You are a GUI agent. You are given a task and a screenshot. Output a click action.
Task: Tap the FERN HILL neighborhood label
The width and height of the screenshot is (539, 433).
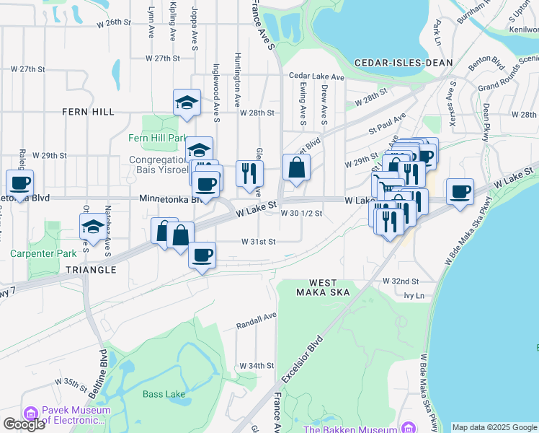coord(88,113)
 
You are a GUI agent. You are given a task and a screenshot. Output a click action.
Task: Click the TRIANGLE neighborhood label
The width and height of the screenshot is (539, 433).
coord(91,269)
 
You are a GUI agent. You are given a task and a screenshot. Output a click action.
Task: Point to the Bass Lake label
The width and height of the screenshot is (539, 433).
coord(164,394)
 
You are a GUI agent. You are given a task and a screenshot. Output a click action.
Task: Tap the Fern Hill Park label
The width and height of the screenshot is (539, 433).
coord(158,138)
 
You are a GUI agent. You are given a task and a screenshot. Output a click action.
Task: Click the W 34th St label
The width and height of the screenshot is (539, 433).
coord(257,366)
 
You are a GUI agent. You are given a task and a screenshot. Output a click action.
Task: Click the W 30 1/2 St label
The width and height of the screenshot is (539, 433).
coord(301,214)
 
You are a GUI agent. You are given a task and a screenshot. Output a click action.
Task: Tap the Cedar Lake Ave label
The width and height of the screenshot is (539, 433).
coord(318,75)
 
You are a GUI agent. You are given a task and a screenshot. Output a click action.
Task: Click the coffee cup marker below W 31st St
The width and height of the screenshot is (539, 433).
coord(202,255)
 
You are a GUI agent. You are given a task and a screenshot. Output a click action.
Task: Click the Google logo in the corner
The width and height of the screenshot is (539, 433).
coord(24,424)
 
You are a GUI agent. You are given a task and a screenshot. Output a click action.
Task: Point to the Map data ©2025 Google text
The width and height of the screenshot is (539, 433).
coord(494,427)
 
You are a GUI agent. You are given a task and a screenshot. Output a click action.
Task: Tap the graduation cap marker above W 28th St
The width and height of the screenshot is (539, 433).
coord(187,102)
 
